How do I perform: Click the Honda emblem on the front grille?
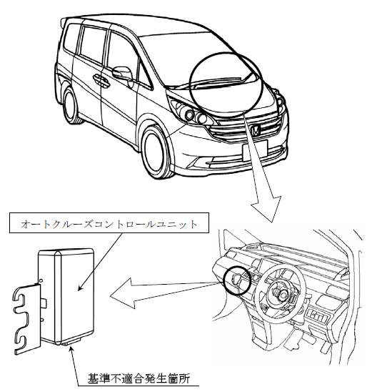click(255, 130)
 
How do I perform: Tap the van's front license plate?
click(255, 151)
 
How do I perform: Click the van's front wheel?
click(156, 152)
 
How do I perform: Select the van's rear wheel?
click(71, 106)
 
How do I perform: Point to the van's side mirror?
click(123, 73)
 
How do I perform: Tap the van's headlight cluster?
click(191, 112)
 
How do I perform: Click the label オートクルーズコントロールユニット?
click(109, 224)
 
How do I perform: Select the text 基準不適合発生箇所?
click(139, 378)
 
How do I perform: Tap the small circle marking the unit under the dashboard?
click(238, 280)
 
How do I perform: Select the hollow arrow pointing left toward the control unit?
click(165, 292)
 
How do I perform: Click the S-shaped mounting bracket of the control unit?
click(27, 320)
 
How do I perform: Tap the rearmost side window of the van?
click(72, 38)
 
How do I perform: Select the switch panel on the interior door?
click(318, 316)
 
